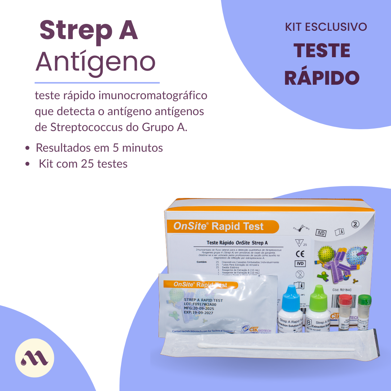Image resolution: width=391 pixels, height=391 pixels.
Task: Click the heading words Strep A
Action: [x=89, y=31]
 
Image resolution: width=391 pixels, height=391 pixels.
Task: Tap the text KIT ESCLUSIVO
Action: [x=326, y=27]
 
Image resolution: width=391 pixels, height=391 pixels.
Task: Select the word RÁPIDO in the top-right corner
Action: [x=321, y=77]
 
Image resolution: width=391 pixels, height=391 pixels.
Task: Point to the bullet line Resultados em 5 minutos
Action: [x=99, y=148]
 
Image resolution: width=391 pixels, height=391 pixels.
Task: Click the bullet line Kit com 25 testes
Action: [x=83, y=164]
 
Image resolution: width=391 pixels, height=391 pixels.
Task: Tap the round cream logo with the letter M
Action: [x=34, y=358]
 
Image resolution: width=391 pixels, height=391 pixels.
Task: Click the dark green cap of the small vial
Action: [x=365, y=300]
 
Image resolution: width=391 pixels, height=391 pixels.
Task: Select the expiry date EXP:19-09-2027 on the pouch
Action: [x=198, y=313]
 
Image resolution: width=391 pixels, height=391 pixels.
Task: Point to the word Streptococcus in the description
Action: [x=86, y=127]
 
